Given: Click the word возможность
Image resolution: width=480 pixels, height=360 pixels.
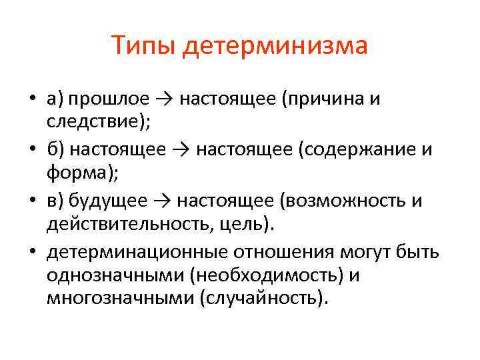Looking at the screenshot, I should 349,201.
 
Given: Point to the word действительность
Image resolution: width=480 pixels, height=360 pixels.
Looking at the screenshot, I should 127,225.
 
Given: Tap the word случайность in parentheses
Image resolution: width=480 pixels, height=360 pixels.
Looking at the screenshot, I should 262,299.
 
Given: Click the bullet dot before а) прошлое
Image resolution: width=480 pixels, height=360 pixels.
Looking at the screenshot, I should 31,100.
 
